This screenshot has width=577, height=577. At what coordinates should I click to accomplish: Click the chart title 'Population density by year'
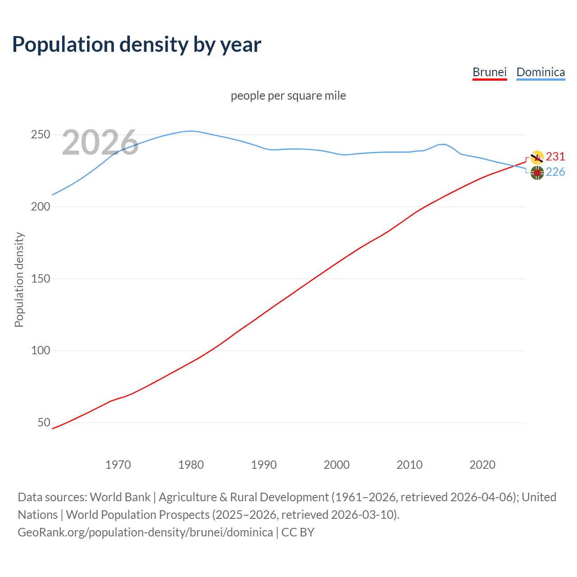point(137,45)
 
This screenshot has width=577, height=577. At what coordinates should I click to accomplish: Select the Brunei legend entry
point(490,72)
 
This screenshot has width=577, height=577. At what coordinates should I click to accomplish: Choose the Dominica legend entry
point(540,72)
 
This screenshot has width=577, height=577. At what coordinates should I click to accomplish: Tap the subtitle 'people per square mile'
point(288,96)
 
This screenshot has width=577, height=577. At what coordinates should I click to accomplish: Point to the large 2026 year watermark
point(100,142)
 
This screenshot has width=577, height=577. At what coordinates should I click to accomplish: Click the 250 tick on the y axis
point(41,135)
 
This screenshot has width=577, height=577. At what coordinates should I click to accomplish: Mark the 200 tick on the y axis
point(41,207)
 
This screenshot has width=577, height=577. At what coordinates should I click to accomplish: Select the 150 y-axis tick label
point(41,279)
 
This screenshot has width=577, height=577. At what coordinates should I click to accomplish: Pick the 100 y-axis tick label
point(41,351)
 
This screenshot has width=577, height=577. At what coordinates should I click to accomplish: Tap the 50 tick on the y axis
point(44,423)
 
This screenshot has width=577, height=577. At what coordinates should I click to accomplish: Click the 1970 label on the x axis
point(118,465)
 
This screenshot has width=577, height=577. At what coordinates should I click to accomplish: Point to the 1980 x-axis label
point(191,465)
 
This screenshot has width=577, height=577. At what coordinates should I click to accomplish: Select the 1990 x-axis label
point(264,465)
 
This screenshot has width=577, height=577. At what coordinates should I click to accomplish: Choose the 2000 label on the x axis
point(337,465)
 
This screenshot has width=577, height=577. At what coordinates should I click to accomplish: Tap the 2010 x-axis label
point(409,465)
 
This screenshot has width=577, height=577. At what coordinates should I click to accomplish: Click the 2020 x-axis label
point(482,465)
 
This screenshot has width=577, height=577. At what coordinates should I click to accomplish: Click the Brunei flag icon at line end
point(537,157)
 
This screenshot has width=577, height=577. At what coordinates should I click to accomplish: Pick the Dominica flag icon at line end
point(537,173)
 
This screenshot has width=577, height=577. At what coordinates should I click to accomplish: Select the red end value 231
point(555,157)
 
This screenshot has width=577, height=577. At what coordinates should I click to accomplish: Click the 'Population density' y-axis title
point(19,279)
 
